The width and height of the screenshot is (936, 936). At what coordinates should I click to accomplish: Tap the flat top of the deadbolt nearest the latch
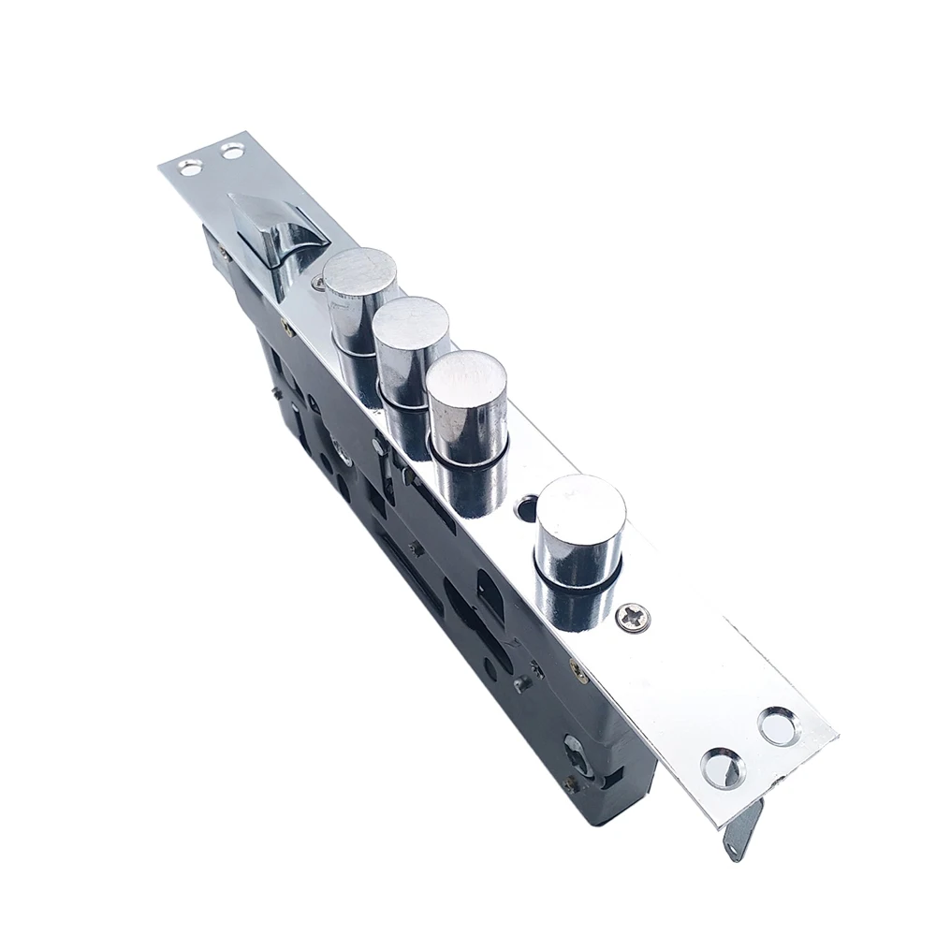tap(360, 271)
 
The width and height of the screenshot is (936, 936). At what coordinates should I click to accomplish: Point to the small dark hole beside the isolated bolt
tap(527, 510)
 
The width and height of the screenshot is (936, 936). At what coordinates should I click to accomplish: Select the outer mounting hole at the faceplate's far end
tap(191, 168)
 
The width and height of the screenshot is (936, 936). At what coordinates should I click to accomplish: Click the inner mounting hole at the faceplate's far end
tap(231, 149)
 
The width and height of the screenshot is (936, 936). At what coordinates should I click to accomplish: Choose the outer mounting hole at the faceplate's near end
tap(779, 725)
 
